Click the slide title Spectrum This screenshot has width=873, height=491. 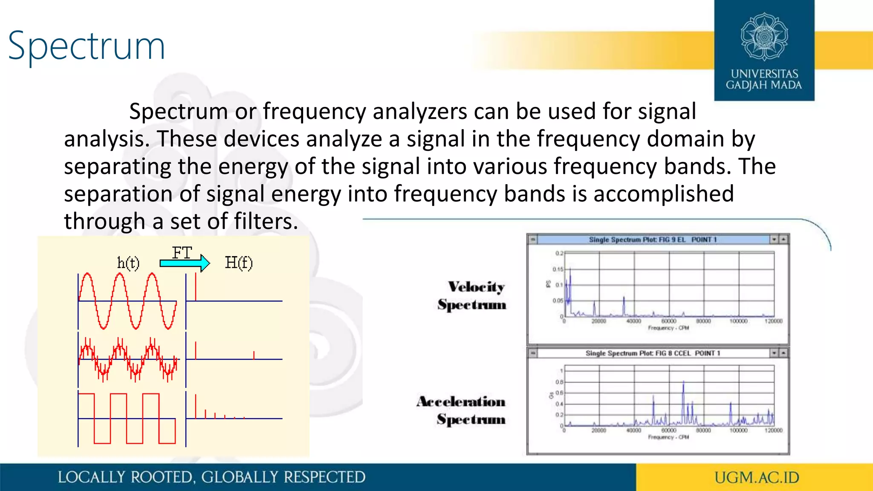click(x=87, y=46)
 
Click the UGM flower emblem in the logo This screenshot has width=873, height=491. click(x=764, y=36)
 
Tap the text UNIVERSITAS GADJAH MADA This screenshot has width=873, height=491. click(x=764, y=80)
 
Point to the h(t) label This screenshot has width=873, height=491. click(x=128, y=263)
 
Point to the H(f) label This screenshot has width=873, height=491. click(x=239, y=263)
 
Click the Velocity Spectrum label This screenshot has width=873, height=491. click(x=472, y=295)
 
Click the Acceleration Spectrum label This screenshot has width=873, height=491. click(x=462, y=410)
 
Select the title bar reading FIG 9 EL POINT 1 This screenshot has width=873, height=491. click(x=652, y=240)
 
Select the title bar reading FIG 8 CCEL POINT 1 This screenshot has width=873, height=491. click(x=652, y=353)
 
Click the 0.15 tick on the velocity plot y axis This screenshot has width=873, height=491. click(x=558, y=269)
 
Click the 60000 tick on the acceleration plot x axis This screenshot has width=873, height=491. click(x=668, y=430)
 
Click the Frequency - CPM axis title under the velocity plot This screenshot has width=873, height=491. click(x=668, y=328)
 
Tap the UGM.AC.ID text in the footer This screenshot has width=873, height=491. click(x=757, y=477)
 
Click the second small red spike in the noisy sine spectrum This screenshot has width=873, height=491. click(x=254, y=355)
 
